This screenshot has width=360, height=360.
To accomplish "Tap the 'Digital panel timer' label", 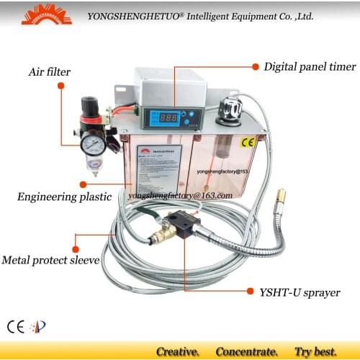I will click(x=310, y=66).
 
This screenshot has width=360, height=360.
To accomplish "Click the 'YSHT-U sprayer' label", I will click(x=299, y=292).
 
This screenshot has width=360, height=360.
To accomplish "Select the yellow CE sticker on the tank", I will click(x=249, y=143).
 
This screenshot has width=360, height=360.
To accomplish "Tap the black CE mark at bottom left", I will click(x=16, y=324).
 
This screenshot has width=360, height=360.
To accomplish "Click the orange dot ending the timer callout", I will click(x=254, y=66).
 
